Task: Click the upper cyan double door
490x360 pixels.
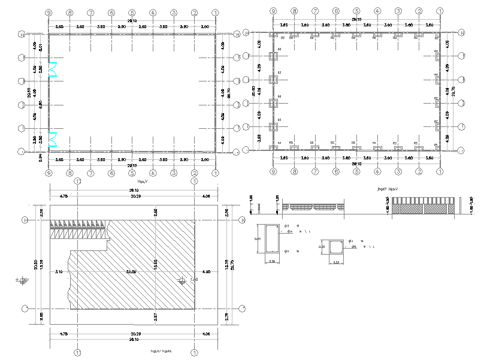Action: pyautogui.click(x=52, y=69)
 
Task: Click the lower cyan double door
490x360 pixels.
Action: pyautogui.click(x=52, y=140)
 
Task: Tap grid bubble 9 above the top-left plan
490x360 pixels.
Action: pyautogui.click(x=49, y=12)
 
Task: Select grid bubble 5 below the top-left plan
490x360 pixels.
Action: pyautogui.click(x=132, y=173)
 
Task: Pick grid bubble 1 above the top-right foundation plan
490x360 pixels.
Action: pyautogui.click(x=440, y=11)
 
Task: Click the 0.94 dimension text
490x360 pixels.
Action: pyautogui.click(x=41, y=158)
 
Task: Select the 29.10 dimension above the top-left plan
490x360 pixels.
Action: pyautogui.click(x=132, y=20)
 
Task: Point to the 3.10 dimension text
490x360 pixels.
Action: pyautogui.click(x=59, y=271)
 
